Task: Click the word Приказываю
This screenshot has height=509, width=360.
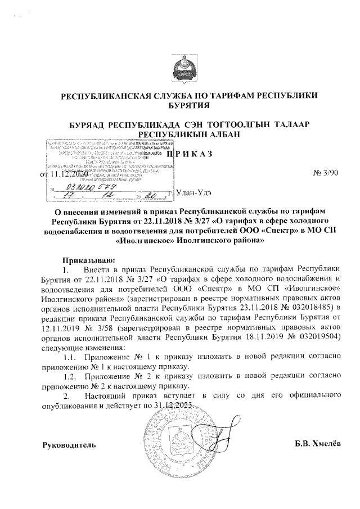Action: click(x=89, y=260)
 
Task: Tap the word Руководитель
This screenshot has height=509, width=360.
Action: click(x=69, y=445)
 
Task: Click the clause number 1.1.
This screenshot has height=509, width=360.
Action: click(x=70, y=357)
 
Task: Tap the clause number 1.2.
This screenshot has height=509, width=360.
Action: click(x=70, y=377)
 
